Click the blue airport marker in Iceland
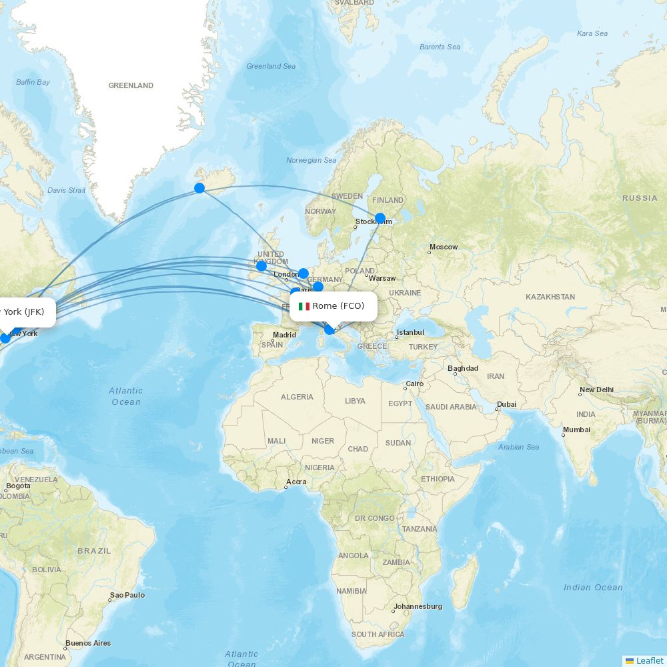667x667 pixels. pyautogui.click(x=199, y=188)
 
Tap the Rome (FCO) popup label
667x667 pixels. pyautogui.click(x=333, y=306)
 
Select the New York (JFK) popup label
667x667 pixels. pyautogui.click(x=23, y=311)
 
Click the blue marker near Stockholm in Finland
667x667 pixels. pyautogui.click(x=380, y=218)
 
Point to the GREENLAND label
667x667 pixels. pyautogui.click(x=131, y=85)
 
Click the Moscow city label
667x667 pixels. pyautogui.click(x=444, y=247)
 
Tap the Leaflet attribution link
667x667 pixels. pyautogui.click(x=649, y=660)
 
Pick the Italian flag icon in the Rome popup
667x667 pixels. pyautogui.click(x=304, y=306)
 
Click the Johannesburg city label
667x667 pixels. pyautogui.click(x=418, y=606)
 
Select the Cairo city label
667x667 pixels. pyautogui.click(x=414, y=384)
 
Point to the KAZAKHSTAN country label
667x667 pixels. pyautogui.click(x=550, y=297)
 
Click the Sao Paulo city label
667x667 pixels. pyautogui.click(x=127, y=595)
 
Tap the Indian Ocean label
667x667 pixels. pyautogui.click(x=593, y=588)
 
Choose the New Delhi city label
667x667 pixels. pyautogui.click(x=596, y=390)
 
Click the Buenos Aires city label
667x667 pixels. pyautogui.click(x=88, y=644)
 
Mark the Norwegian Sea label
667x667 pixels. pyautogui.click(x=311, y=160)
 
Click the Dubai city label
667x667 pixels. pyautogui.click(x=506, y=404)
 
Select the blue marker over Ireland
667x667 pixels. pyautogui.click(x=261, y=266)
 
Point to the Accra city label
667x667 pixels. pyautogui.click(x=296, y=482)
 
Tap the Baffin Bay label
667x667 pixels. pyautogui.click(x=33, y=82)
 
